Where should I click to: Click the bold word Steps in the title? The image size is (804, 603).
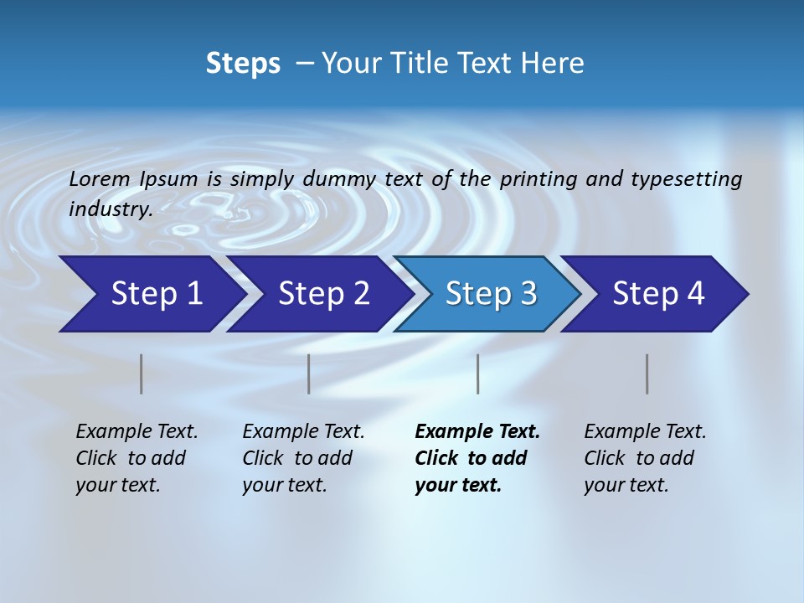(x=243, y=64)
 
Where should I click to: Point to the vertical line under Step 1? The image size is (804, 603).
(x=142, y=374)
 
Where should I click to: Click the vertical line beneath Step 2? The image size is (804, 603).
(x=309, y=374)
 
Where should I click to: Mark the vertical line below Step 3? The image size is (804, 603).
(x=478, y=374)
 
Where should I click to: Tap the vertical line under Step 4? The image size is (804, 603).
(x=647, y=374)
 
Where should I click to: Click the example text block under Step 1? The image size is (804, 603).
(x=137, y=458)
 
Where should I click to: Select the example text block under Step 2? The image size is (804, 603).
(x=303, y=458)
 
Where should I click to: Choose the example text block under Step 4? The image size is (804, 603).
(x=645, y=458)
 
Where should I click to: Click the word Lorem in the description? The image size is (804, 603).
(x=100, y=178)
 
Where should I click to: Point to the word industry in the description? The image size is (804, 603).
(x=111, y=209)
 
